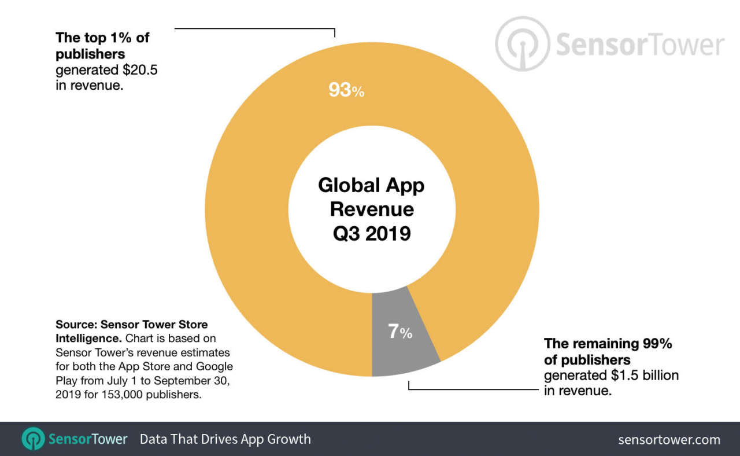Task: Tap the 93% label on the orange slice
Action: click(346, 90)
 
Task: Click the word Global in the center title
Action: click(345, 186)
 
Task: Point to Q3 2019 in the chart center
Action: click(372, 233)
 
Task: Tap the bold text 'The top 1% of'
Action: click(102, 38)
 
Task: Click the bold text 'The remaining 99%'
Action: click(608, 343)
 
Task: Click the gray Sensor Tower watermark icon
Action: click(521, 43)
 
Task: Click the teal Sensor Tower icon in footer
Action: click(33, 439)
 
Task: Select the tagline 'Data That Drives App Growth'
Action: click(225, 439)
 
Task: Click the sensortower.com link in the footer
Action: click(669, 440)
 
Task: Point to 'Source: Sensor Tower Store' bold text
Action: click(131, 324)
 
